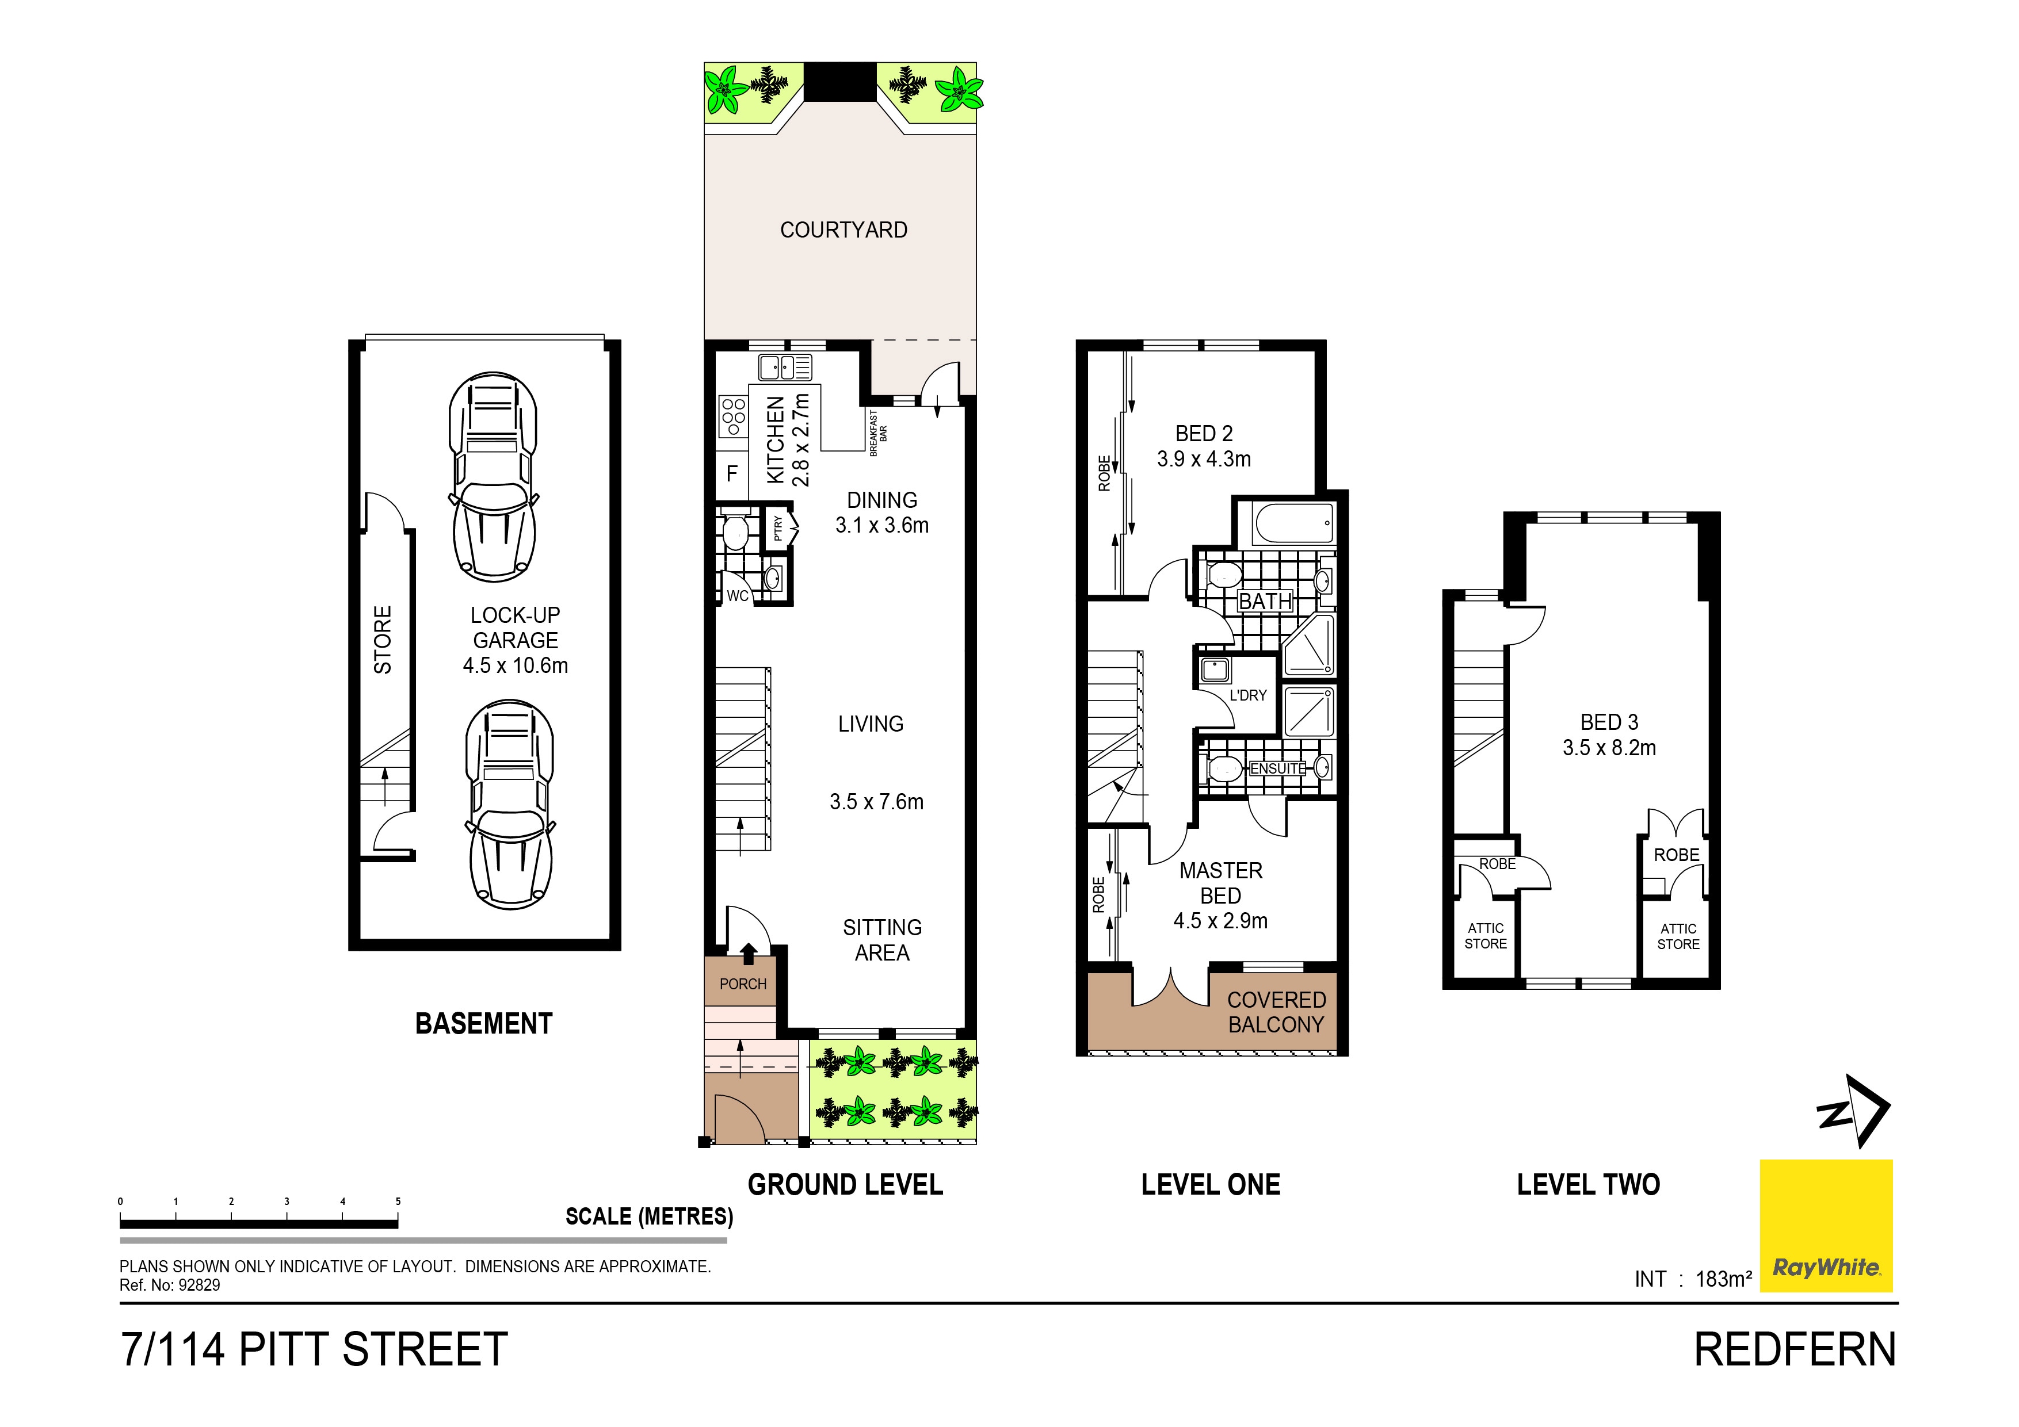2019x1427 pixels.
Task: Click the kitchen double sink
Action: (784, 366)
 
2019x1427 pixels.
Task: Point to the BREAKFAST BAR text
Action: (877, 433)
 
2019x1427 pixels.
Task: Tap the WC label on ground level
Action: (737, 595)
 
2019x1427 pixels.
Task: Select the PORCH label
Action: (743, 984)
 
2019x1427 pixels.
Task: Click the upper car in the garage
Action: (493, 477)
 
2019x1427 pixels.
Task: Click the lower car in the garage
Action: (510, 805)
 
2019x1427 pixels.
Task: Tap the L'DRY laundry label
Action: (1248, 695)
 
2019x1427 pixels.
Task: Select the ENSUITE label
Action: (1278, 768)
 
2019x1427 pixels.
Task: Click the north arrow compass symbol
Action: (1856, 1111)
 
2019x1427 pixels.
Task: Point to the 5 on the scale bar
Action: (398, 1201)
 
